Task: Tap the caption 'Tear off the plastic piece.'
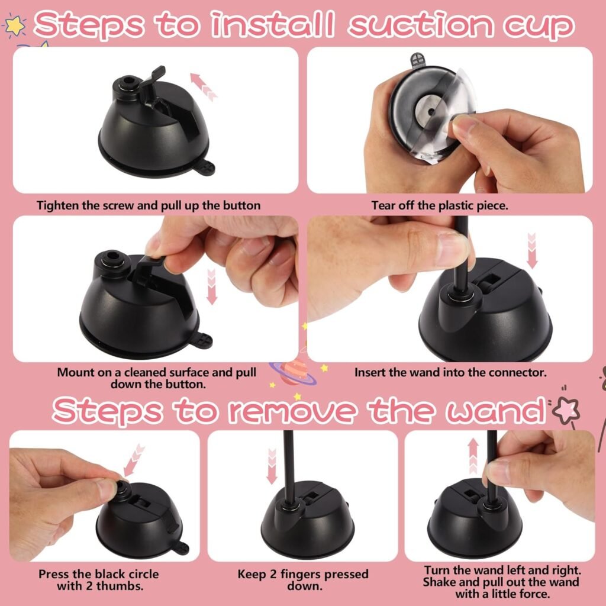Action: [x=439, y=206]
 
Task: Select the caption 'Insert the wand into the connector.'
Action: [x=450, y=373]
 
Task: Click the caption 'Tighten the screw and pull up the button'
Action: [x=149, y=206]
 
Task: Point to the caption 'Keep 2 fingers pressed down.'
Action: [x=302, y=580]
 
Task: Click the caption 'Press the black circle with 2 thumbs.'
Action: [x=99, y=580]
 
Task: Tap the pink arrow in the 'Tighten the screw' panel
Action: [x=203, y=85]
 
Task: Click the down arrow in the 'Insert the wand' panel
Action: [x=531, y=250]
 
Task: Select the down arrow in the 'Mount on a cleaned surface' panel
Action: [x=211, y=286]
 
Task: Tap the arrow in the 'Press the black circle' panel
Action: [x=136, y=455]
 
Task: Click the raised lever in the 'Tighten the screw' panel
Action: [x=152, y=83]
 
